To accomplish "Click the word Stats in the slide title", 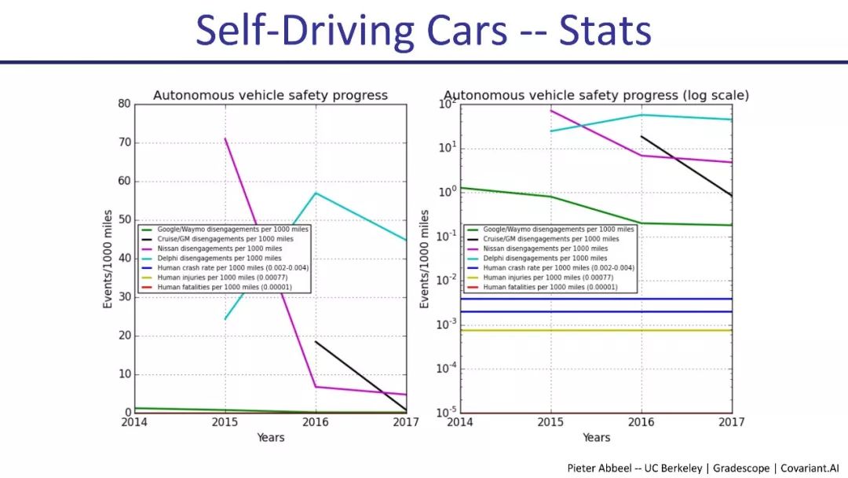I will (605, 31).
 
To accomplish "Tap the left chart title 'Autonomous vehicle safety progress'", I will (270, 95).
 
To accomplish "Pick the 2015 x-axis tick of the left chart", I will (225, 422).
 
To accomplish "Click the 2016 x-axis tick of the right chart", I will (641, 422).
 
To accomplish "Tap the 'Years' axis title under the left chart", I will (270, 437).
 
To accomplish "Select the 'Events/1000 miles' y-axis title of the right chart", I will (425, 259).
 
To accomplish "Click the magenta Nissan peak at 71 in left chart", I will (225, 138).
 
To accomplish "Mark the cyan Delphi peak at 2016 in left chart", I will (316, 193).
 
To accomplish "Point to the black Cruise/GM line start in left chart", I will (316, 341).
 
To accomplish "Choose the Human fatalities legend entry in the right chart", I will (550, 288).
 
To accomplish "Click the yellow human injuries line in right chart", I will (597, 330).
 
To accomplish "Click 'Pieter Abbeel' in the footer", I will (602, 468).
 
